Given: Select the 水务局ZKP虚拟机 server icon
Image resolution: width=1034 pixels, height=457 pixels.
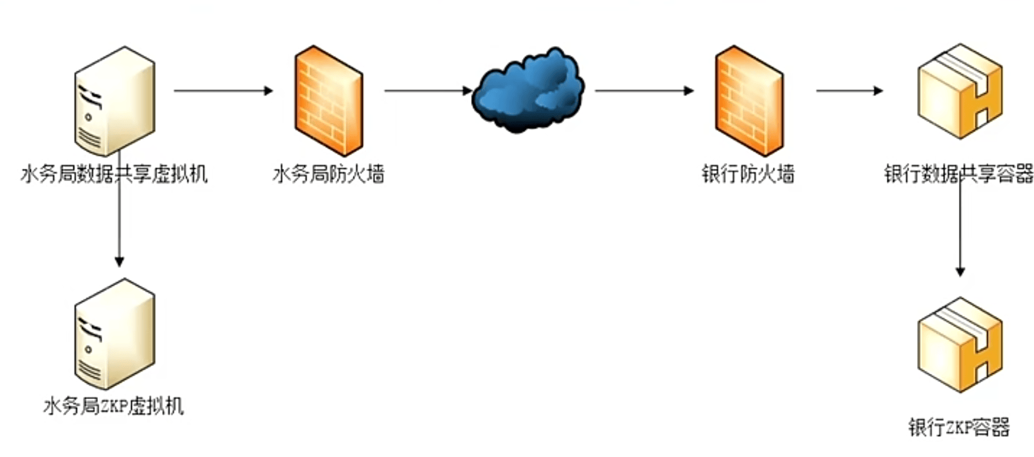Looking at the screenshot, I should (x=115, y=333).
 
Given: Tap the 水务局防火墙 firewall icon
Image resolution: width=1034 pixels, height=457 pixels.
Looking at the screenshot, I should (x=328, y=100).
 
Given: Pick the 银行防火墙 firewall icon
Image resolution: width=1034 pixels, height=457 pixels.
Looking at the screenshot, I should (x=749, y=100).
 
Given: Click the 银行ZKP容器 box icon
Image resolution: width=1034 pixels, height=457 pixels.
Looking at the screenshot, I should (x=959, y=345).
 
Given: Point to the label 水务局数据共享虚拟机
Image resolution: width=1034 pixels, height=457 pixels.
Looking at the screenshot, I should (x=115, y=174).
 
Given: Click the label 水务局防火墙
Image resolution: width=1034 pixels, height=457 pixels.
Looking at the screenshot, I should (x=328, y=174).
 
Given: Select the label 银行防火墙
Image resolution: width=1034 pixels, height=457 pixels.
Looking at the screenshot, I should (x=748, y=174).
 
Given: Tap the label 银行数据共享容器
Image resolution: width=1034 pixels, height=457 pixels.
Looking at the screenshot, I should (x=958, y=174).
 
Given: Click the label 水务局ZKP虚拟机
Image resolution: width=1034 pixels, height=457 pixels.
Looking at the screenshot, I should (x=113, y=406).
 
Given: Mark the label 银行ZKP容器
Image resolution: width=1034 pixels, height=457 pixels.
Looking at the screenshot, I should (x=959, y=427).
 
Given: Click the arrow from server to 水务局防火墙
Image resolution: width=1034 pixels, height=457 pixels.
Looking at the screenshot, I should (x=223, y=91).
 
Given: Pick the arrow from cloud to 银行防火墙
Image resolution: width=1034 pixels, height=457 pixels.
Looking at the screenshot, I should (x=644, y=91).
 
